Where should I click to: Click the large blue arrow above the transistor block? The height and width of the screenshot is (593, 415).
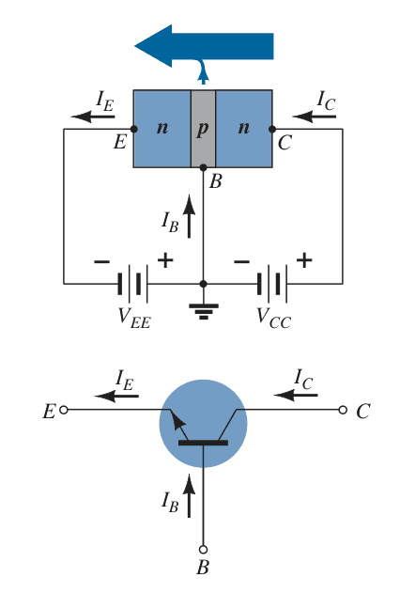[x=204, y=46]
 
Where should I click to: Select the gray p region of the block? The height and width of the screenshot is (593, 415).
[x=203, y=129]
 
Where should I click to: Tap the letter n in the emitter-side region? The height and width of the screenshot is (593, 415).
[x=162, y=128]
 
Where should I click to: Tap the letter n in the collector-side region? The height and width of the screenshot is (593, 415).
[x=244, y=128]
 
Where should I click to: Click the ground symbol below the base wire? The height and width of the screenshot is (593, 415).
[x=204, y=311]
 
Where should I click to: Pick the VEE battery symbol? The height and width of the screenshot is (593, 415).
[x=133, y=284]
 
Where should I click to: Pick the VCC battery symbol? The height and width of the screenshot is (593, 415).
[x=272, y=284]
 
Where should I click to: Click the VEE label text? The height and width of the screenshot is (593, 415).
[x=134, y=318]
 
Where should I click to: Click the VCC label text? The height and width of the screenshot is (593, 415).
[x=273, y=318]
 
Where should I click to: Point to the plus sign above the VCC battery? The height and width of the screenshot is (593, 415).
[x=304, y=260]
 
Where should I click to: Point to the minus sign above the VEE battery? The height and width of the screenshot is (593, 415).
[x=101, y=261]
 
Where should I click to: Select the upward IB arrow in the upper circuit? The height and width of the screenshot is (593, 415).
[x=189, y=216]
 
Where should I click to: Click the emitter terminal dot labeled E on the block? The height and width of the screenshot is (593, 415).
[x=134, y=129]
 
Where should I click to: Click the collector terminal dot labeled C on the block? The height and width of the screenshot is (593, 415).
[x=272, y=129]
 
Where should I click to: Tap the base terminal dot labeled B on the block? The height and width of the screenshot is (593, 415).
[x=204, y=167]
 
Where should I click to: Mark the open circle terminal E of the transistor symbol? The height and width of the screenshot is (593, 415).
[x=64, y=410]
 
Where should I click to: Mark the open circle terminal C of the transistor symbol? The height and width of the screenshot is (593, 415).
[x=343, y=410]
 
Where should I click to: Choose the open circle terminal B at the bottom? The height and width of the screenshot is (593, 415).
[x=204, y=549]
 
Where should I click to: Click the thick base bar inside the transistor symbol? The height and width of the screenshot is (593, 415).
[x=204, y=443]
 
